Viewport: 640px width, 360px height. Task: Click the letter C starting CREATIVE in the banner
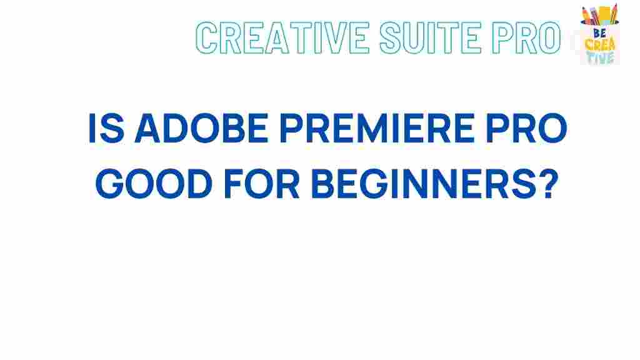[x=209, y=37]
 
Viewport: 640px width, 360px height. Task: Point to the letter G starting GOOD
[x=112, y=184]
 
